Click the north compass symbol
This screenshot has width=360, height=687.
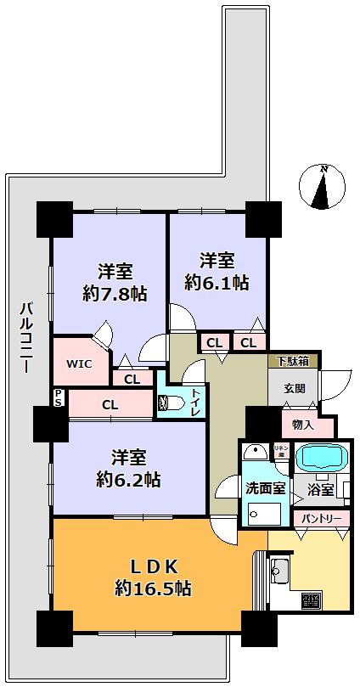(321, 187)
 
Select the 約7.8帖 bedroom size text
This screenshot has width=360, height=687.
(115, 294)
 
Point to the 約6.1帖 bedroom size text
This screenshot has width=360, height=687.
(217, 281)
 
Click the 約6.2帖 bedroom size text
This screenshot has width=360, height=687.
(129, 478)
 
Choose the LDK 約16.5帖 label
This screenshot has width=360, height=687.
(153, 576)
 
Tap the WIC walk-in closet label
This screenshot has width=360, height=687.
(80, 363)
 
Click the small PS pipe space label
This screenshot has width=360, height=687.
(59, 397)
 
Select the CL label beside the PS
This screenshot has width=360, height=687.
(110, 405)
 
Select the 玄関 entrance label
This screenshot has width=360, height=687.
(293, 388)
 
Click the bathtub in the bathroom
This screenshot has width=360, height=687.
(321, 456)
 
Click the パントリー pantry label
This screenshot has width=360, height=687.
(321, 517)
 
